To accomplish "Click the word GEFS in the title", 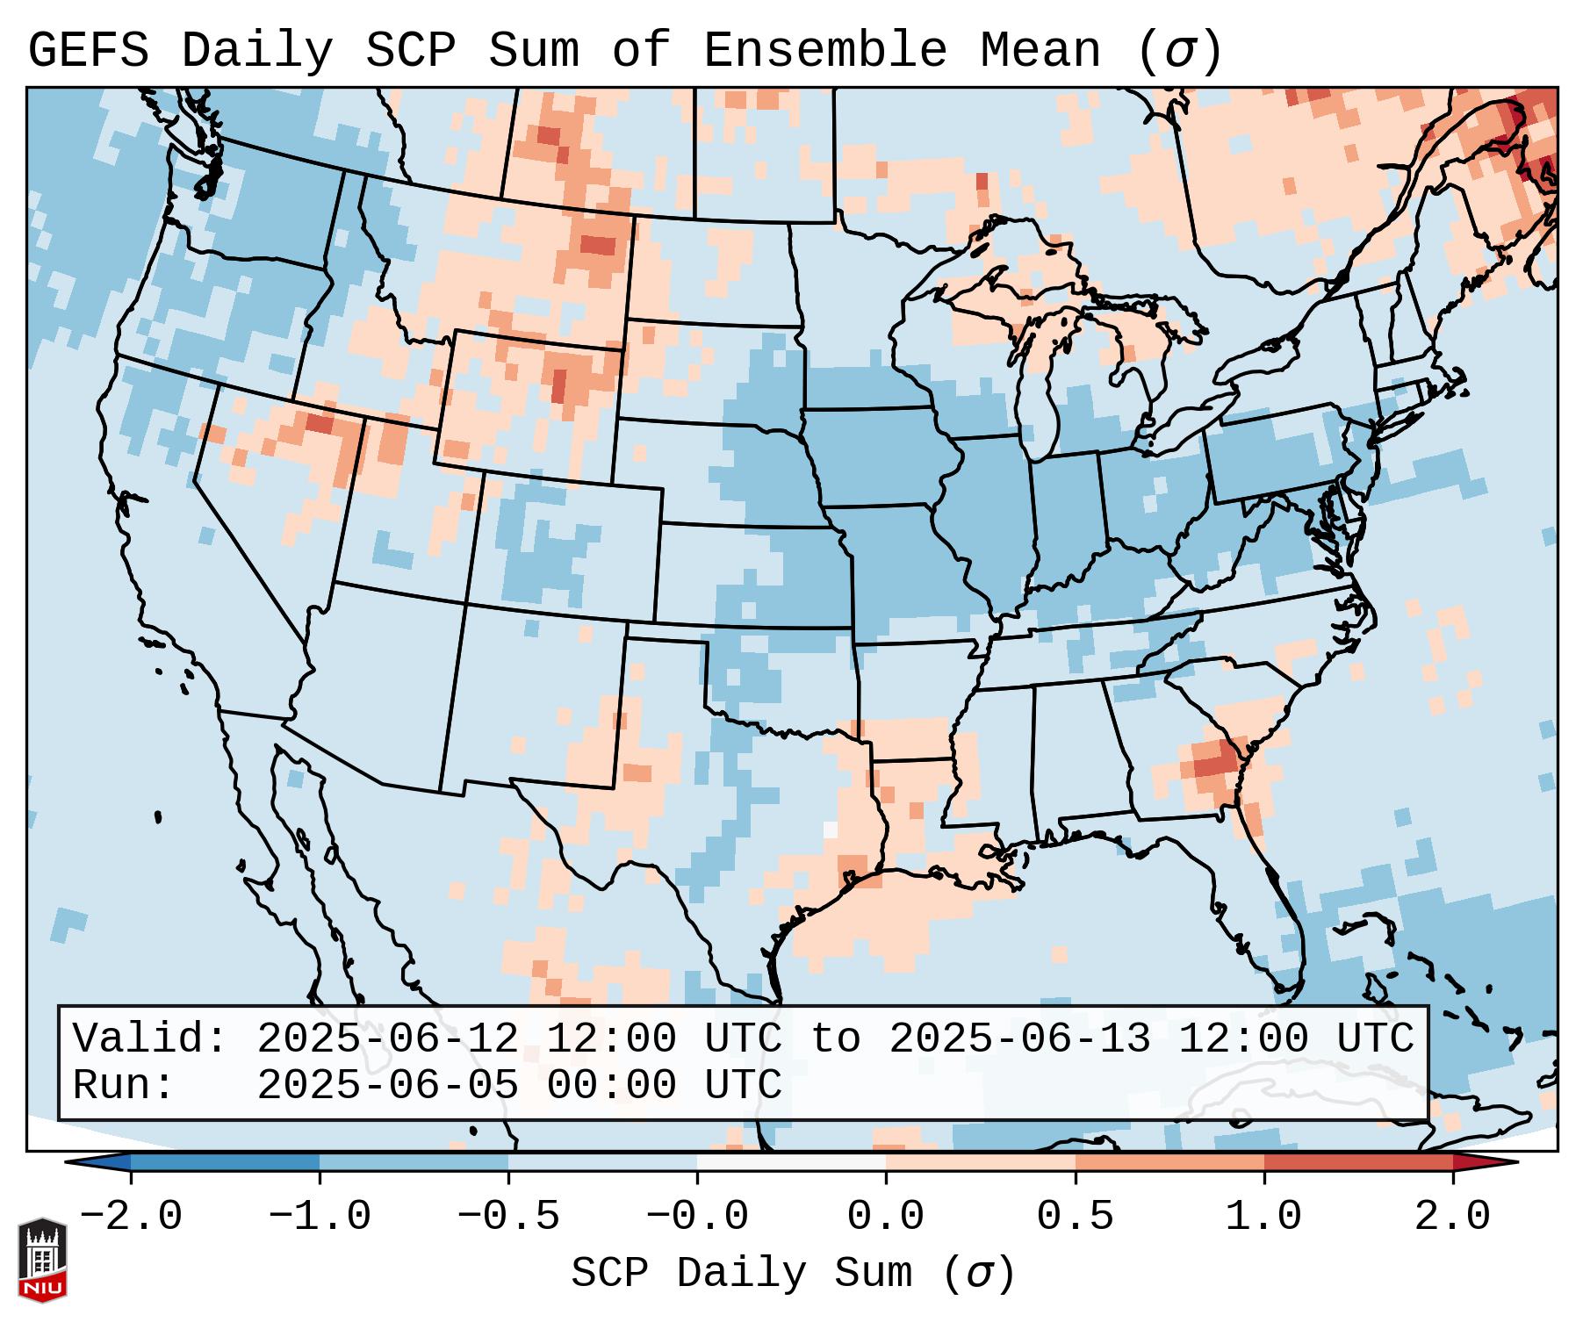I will [x=88, y=51].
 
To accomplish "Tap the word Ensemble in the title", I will [x=825, y=51].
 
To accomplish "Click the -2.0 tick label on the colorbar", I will [x=131, y=1217].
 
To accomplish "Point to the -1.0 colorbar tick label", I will [x=320, y=1217].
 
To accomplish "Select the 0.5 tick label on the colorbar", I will [x=1075, y=1217].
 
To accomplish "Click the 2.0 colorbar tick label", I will [x=1453, y=1217].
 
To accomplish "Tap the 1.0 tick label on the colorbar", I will [x=1263, y=1217].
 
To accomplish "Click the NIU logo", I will [x=42, y=1260].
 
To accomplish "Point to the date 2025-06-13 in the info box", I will [x=1019, y=1038].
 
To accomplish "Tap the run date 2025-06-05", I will [x=387, y=1085].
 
